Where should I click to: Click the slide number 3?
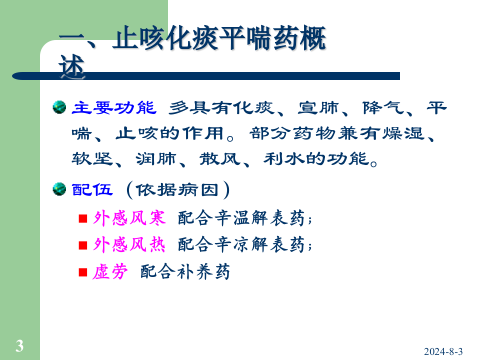[x=19, y=345]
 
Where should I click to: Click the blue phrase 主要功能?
[x=114, y=108]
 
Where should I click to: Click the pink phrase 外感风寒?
[x=129, y=218]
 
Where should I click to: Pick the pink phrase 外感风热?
[x=129, y=245]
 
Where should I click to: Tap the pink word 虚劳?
[x=110, y=272]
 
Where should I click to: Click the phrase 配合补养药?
[x=185, y=272]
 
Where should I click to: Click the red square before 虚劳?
[x=83, y=272]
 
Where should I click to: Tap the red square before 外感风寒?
[x=83, y=219]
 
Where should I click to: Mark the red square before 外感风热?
[x=83, y=245]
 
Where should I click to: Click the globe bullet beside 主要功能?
[x=59, y=107]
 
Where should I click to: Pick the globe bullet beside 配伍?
[x=59, y=189]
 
